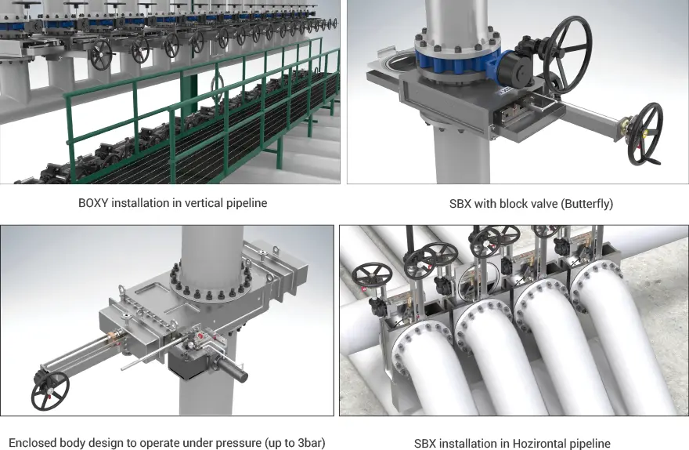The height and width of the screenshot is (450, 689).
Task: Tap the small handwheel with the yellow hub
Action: [x=644, y=134]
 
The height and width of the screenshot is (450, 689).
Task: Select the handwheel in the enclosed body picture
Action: [x=49, y=390]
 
